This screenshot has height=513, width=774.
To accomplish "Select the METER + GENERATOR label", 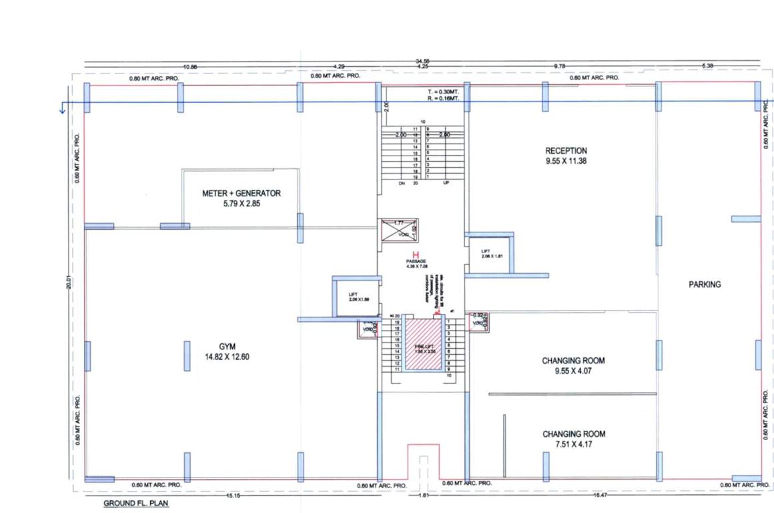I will pos(242,193).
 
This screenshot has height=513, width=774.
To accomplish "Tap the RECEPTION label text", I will pos(566,150).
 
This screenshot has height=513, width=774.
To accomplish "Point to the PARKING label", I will pos(705,285).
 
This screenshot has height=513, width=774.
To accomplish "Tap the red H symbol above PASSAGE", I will pos(416,254).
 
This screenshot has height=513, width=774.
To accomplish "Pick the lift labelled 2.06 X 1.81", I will pos(490,252).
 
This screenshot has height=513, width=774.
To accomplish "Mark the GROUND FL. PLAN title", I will pos(135,503).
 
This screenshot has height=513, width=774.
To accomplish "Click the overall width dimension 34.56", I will pos(422,61).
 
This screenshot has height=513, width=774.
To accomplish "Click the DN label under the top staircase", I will pos(402,182).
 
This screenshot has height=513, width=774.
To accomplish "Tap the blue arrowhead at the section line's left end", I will pos(63,109).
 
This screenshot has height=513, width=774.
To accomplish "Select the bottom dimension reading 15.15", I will pos(232,495).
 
